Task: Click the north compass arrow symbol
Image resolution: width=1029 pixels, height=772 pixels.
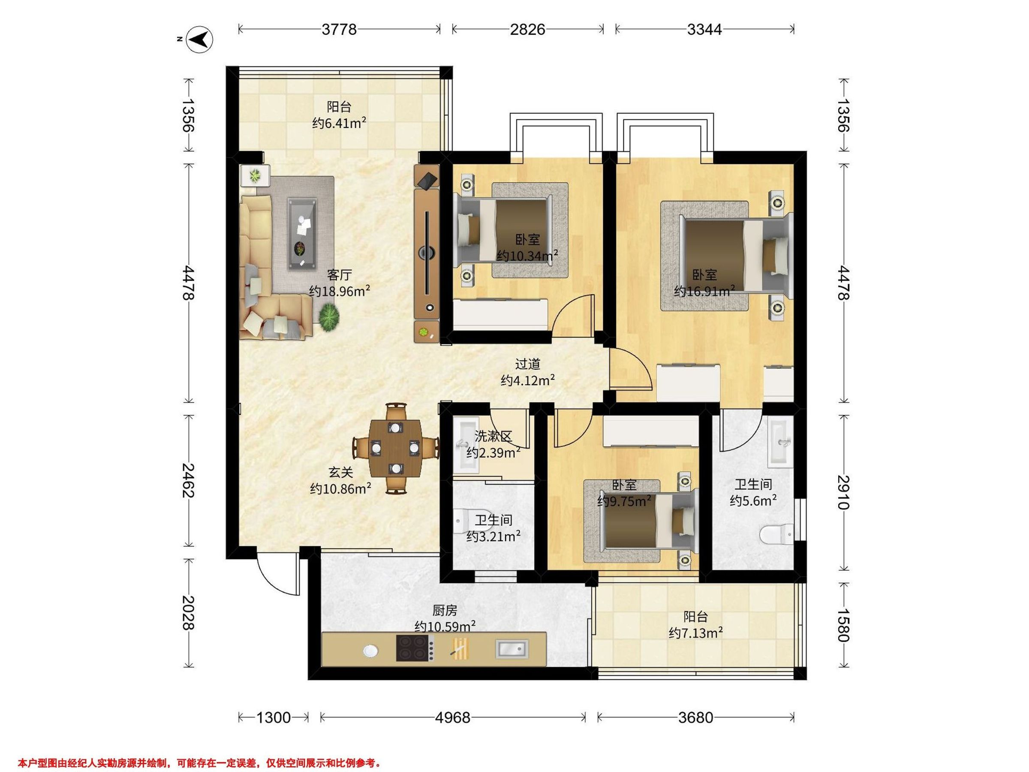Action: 199,39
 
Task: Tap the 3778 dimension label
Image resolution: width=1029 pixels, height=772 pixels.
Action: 339,29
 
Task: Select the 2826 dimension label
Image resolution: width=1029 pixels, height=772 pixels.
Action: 527,29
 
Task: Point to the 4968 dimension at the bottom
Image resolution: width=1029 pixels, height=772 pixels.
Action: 453,718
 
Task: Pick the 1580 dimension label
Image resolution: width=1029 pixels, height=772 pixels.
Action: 843,625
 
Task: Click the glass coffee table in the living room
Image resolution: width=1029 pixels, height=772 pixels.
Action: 302,234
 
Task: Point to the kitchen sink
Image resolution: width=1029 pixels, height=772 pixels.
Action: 512,648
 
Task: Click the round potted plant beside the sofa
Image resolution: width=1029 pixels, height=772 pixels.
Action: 329,317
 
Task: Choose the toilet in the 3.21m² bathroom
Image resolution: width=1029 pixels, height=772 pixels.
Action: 460,521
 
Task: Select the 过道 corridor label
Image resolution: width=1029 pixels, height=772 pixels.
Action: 527,363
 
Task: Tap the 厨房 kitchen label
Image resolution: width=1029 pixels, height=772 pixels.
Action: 445,610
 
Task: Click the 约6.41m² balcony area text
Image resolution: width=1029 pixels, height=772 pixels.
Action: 339,124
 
